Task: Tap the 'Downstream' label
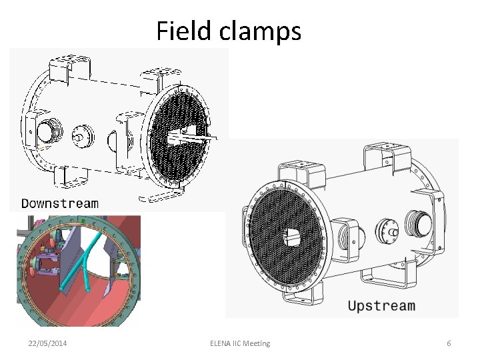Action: (x=59, y=203)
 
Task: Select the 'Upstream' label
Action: (x=381, y=306)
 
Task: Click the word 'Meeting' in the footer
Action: (x=257, y=343)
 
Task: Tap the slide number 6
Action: (x=449, y=343)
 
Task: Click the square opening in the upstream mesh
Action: (x=293, y=235)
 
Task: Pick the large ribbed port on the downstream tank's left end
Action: (x=48, y=131)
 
